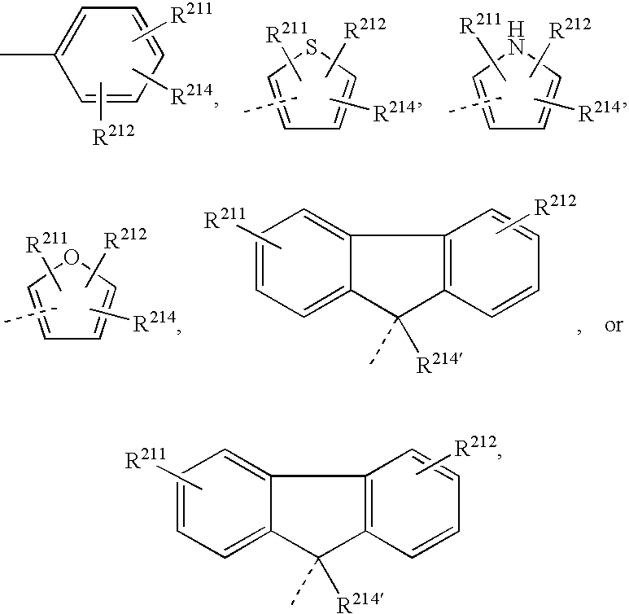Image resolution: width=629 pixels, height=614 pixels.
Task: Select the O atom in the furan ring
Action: [72, 260]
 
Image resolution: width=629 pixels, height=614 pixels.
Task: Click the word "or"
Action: [612, 325]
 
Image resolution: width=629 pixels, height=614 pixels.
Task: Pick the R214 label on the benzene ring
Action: [188, 95]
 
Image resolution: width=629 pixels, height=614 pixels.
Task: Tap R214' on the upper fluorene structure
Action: [439, 364]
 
